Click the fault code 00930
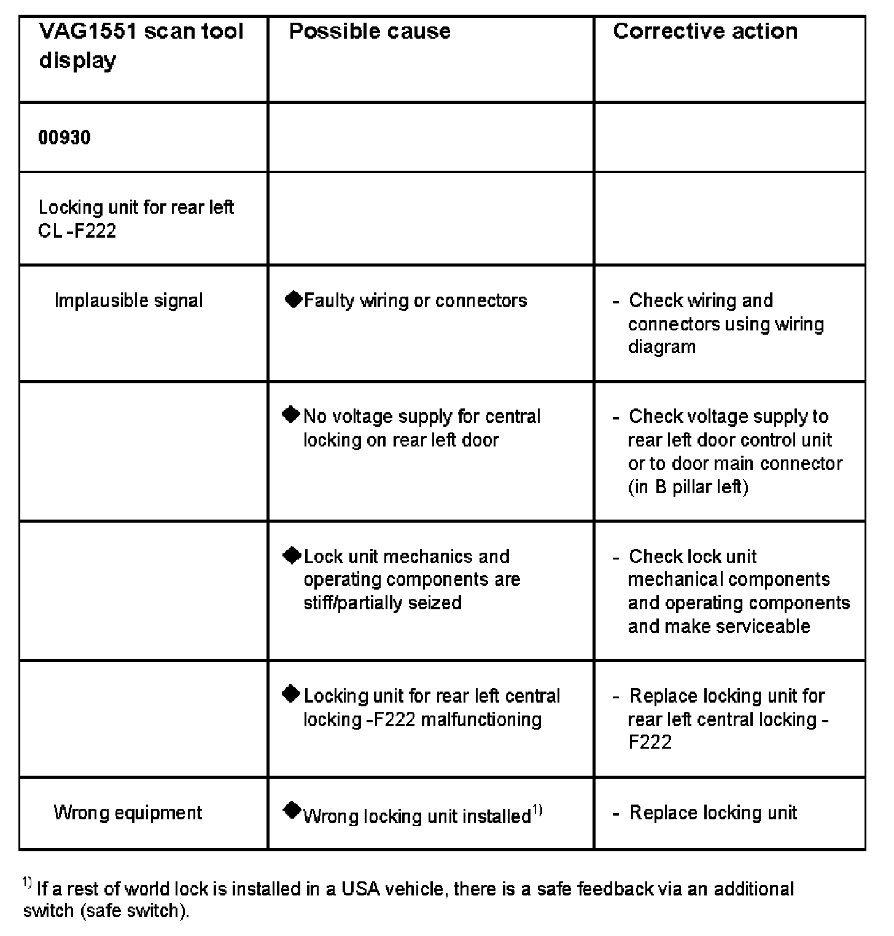[64, 137]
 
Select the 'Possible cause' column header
[370, 31]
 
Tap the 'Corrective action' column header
[705, 31]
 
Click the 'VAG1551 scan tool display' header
[141, 45]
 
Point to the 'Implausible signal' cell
[128, 301]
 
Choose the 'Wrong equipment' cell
[128, 813]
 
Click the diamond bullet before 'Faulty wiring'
[293, 300]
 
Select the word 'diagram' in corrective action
[661, 347]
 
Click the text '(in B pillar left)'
[688, 487]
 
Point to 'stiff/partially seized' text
[382, 603]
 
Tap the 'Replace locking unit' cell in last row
[713, 813]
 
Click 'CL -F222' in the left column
[77, 231]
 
